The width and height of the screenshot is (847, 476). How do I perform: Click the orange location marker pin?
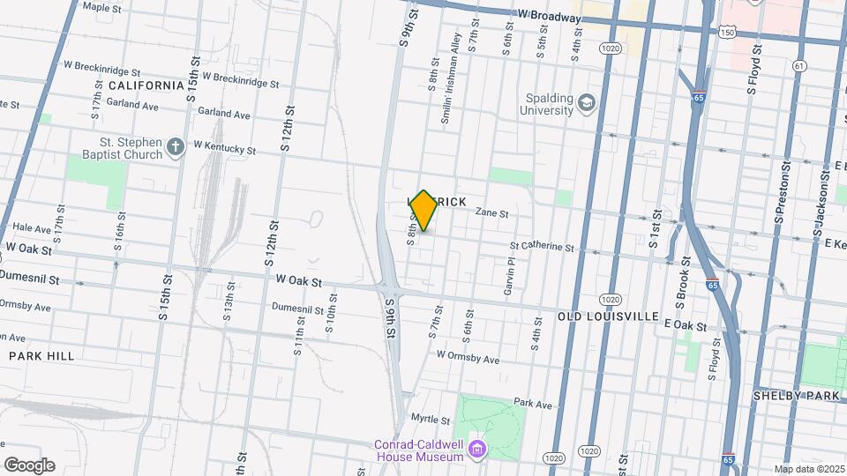423,211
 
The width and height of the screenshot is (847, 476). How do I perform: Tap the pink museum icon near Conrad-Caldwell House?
478,450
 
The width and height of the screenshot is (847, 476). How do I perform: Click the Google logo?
28,465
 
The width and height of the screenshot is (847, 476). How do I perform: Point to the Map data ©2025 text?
808,468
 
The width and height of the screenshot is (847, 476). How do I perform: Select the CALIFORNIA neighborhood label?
146,86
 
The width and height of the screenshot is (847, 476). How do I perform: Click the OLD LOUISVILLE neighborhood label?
608,316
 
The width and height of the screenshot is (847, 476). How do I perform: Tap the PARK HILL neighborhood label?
41,355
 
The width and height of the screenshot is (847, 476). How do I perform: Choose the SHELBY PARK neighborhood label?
796,396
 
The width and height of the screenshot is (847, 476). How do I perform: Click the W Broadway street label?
548,14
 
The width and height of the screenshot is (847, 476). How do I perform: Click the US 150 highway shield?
726,33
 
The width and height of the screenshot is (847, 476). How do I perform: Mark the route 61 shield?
798,65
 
